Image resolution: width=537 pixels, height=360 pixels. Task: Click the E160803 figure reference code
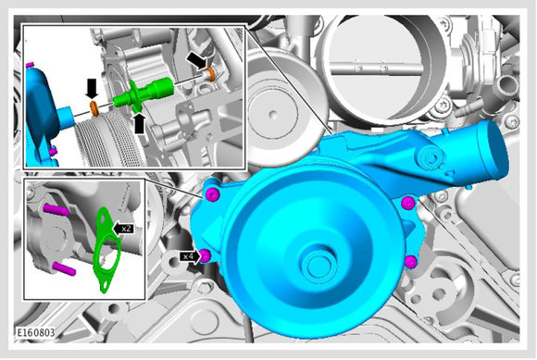(35, 332)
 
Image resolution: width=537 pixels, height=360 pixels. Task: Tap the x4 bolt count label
(188, 256)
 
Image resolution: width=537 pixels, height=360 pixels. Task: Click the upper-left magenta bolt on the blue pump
(212, 195)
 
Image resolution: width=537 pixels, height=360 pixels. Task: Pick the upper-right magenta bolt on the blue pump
(408, 203)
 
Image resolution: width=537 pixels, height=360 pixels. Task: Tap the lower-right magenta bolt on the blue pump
(411, 262)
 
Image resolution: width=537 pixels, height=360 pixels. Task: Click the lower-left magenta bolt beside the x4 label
(206, 255)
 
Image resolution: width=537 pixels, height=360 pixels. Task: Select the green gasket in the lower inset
(106, 250)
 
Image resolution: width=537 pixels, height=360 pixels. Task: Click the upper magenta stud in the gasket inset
(55, 209)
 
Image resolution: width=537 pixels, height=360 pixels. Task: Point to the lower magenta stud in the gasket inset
(63, 268)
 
